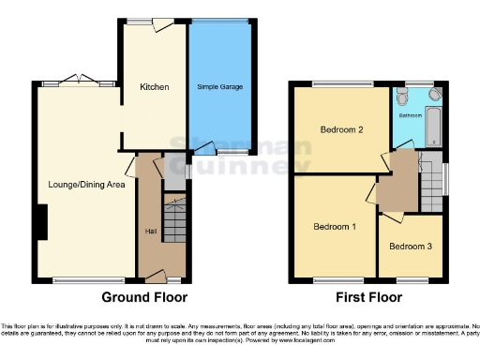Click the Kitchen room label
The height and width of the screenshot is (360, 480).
tap(154, 86)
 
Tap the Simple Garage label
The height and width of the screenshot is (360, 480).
tap(219, 86)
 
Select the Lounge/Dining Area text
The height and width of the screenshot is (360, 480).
tap(86, 184)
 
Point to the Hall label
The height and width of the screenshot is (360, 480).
tap(149, 230)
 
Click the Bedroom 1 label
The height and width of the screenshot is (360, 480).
tap(335, 227)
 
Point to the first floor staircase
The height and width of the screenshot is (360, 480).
tap(430, 184)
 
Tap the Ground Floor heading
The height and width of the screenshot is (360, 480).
tap(143, 297)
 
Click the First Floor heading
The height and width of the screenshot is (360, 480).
tap(369, 297)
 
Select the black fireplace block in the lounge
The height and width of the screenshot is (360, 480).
tap(41, 223)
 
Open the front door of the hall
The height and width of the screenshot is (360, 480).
tap(157, 277)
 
